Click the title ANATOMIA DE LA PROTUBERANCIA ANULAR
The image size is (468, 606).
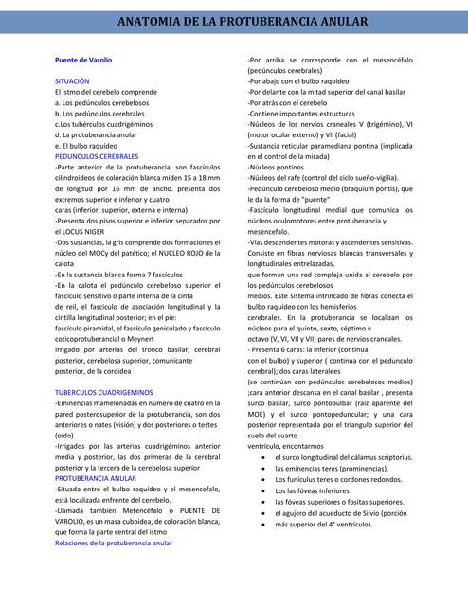[234, 21]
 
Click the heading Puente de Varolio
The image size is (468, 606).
[83, 60]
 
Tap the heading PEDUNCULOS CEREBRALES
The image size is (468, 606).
[97, 155]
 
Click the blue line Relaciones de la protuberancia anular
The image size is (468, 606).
[114, 544]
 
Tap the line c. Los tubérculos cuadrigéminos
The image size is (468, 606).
[103, 124]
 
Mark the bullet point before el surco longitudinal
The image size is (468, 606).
[262, 457]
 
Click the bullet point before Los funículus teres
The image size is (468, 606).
[262, 479]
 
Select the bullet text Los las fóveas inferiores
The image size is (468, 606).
[318, 490]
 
